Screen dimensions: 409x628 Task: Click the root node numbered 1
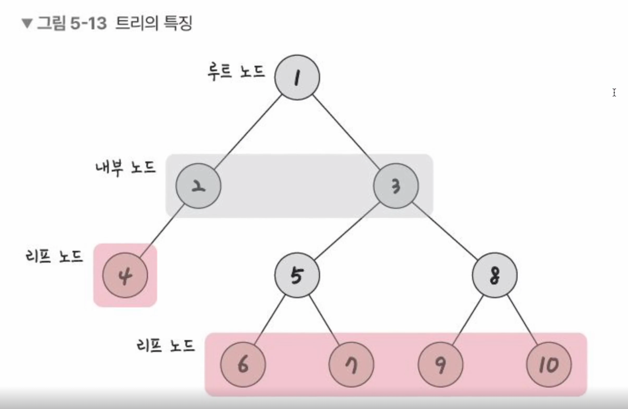[x=297, y=77]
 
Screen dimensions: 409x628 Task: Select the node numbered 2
[x=198, y=186]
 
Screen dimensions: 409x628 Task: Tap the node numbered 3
[x=396, y=186]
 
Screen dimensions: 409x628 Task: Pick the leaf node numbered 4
[x=125, y=275]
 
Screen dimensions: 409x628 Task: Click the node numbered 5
[x=297, y=275]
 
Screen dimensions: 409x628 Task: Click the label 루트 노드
[x=236, y=72]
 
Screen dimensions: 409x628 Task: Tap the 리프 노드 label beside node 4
[x=54, y=256]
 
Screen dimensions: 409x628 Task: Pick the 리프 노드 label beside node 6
[x=166, y=345]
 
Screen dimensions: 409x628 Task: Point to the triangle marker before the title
[x=27, y=24]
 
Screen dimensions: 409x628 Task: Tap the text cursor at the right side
[x=614, y=92]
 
